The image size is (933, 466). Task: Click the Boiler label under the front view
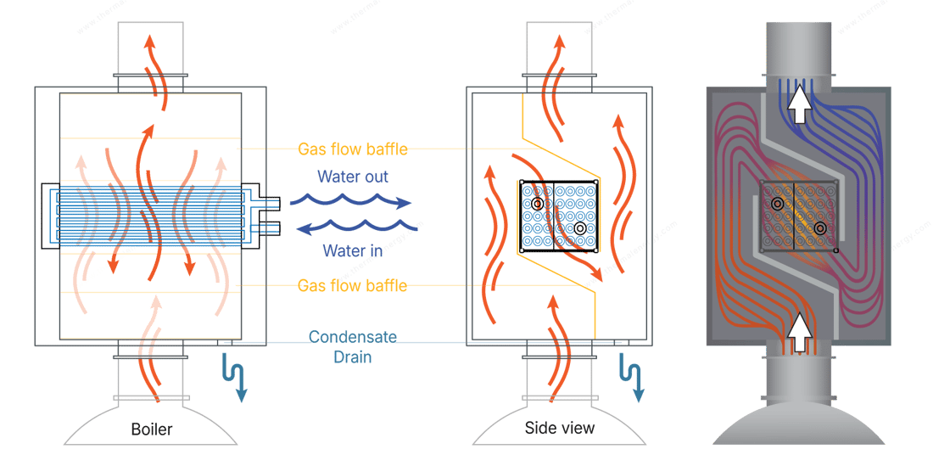click(x=152, y=429)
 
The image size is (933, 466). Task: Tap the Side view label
click(x=560, y=427)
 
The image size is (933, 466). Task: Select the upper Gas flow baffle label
click(x=352, y=149)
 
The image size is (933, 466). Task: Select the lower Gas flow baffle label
click(x=352, y=285)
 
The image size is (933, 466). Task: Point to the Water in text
click(x=352, y=250)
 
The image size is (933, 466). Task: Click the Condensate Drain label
click(x=352, y=348)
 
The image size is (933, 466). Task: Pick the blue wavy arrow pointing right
click(x=349, y=201)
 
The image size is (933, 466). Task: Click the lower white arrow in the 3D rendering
click(x=797, y=331)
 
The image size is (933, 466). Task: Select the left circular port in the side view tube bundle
click(x=537, y=204)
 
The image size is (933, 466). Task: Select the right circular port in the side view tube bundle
click(x=580, y=227)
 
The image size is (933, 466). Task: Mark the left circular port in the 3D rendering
click(x=777, y=204)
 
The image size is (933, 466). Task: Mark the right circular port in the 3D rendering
click(x=820, y=227)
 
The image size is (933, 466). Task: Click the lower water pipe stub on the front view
click(x=271, y=227)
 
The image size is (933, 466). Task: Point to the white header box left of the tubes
click(x=50, y=215)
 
